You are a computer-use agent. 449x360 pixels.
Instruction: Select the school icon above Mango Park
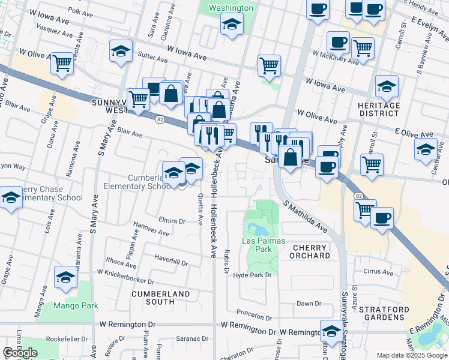pyautogui.click(x=65, y=277)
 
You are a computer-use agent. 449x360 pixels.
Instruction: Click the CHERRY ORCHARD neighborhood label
pyautogui.click(x=311, y=251)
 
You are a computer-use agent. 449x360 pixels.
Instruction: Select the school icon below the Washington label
pyautogui.click(x=232, y=25)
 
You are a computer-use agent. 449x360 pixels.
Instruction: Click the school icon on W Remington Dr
pyautogui.click(x=331, y=330)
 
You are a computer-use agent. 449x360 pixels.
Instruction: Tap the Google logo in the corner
pyautogui.click(x=20, y=353)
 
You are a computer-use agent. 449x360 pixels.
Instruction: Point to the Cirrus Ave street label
pyautogui.click(x=378, y=271)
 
